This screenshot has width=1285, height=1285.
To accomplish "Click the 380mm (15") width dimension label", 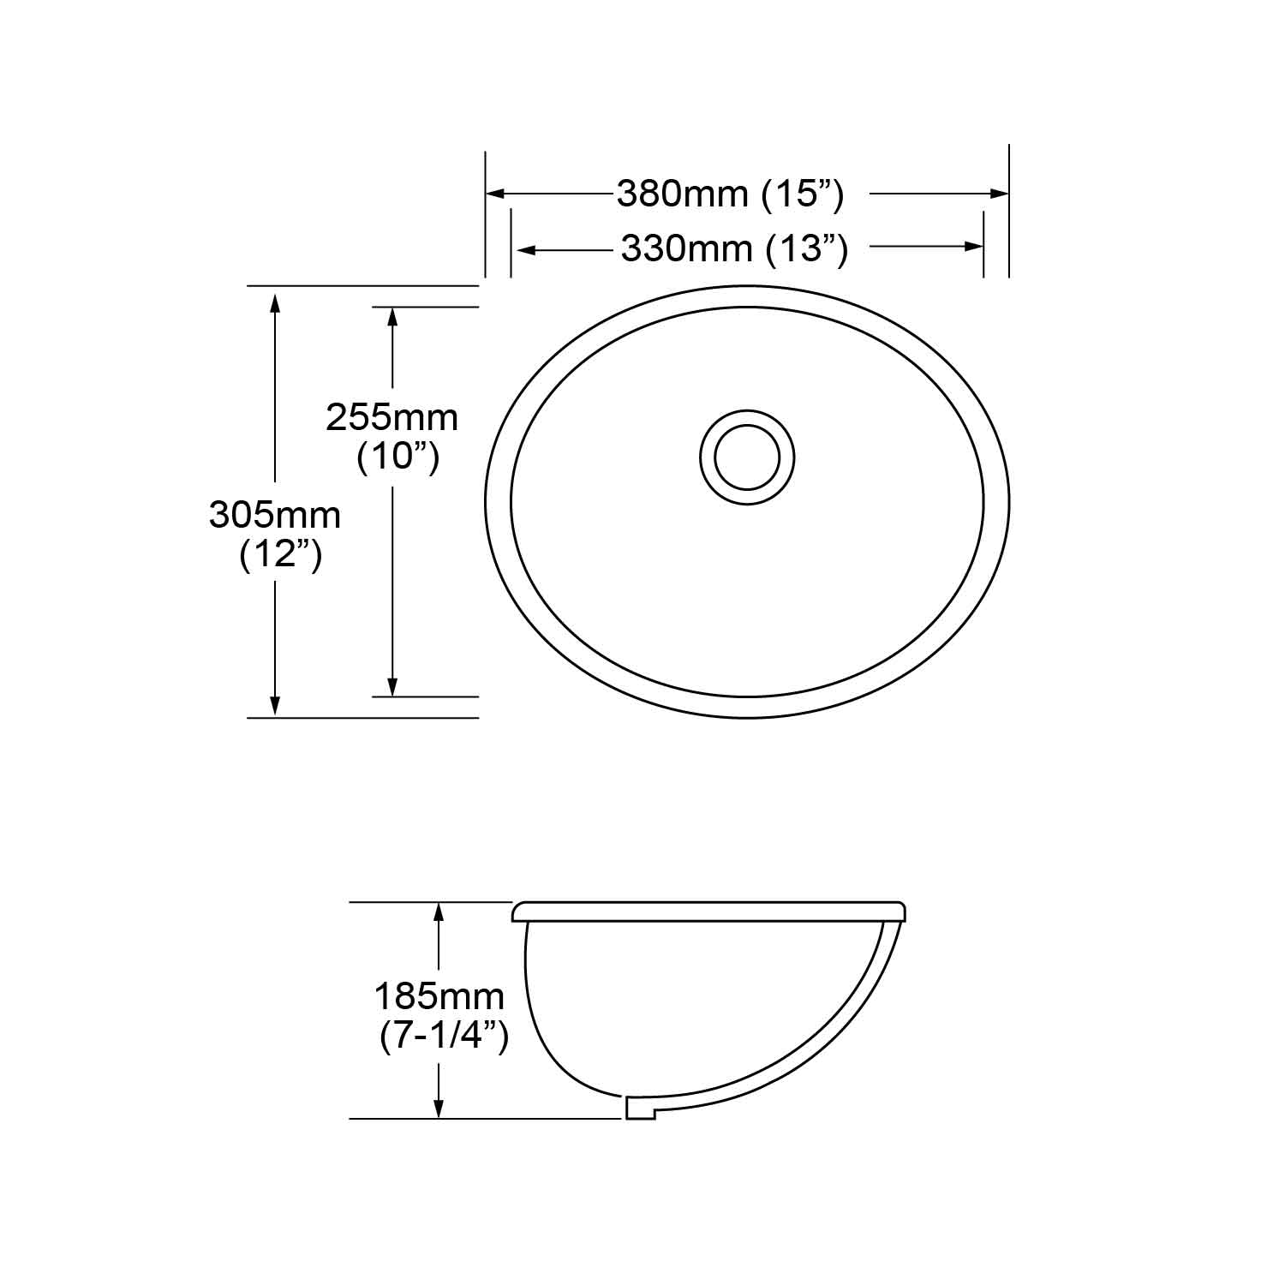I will (x=730, y=194).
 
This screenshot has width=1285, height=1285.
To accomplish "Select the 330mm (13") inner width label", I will (x=734, y=249).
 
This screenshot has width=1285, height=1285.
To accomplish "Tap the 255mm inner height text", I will (x=391, y=417).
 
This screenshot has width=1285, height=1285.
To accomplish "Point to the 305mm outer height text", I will (x=275, y=515).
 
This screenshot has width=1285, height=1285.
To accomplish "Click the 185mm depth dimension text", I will (x=439, y=996).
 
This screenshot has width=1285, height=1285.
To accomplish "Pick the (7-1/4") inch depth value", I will (x=444, y=1037).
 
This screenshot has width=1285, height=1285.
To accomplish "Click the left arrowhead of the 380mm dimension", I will (x=495, y=194).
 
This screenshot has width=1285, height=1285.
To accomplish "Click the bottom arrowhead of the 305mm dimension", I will (x=275, y=706).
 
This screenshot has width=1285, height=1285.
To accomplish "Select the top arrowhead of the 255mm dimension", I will (x=392, y=317).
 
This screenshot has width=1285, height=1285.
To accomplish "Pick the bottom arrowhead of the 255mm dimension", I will (x=392, y=686).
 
